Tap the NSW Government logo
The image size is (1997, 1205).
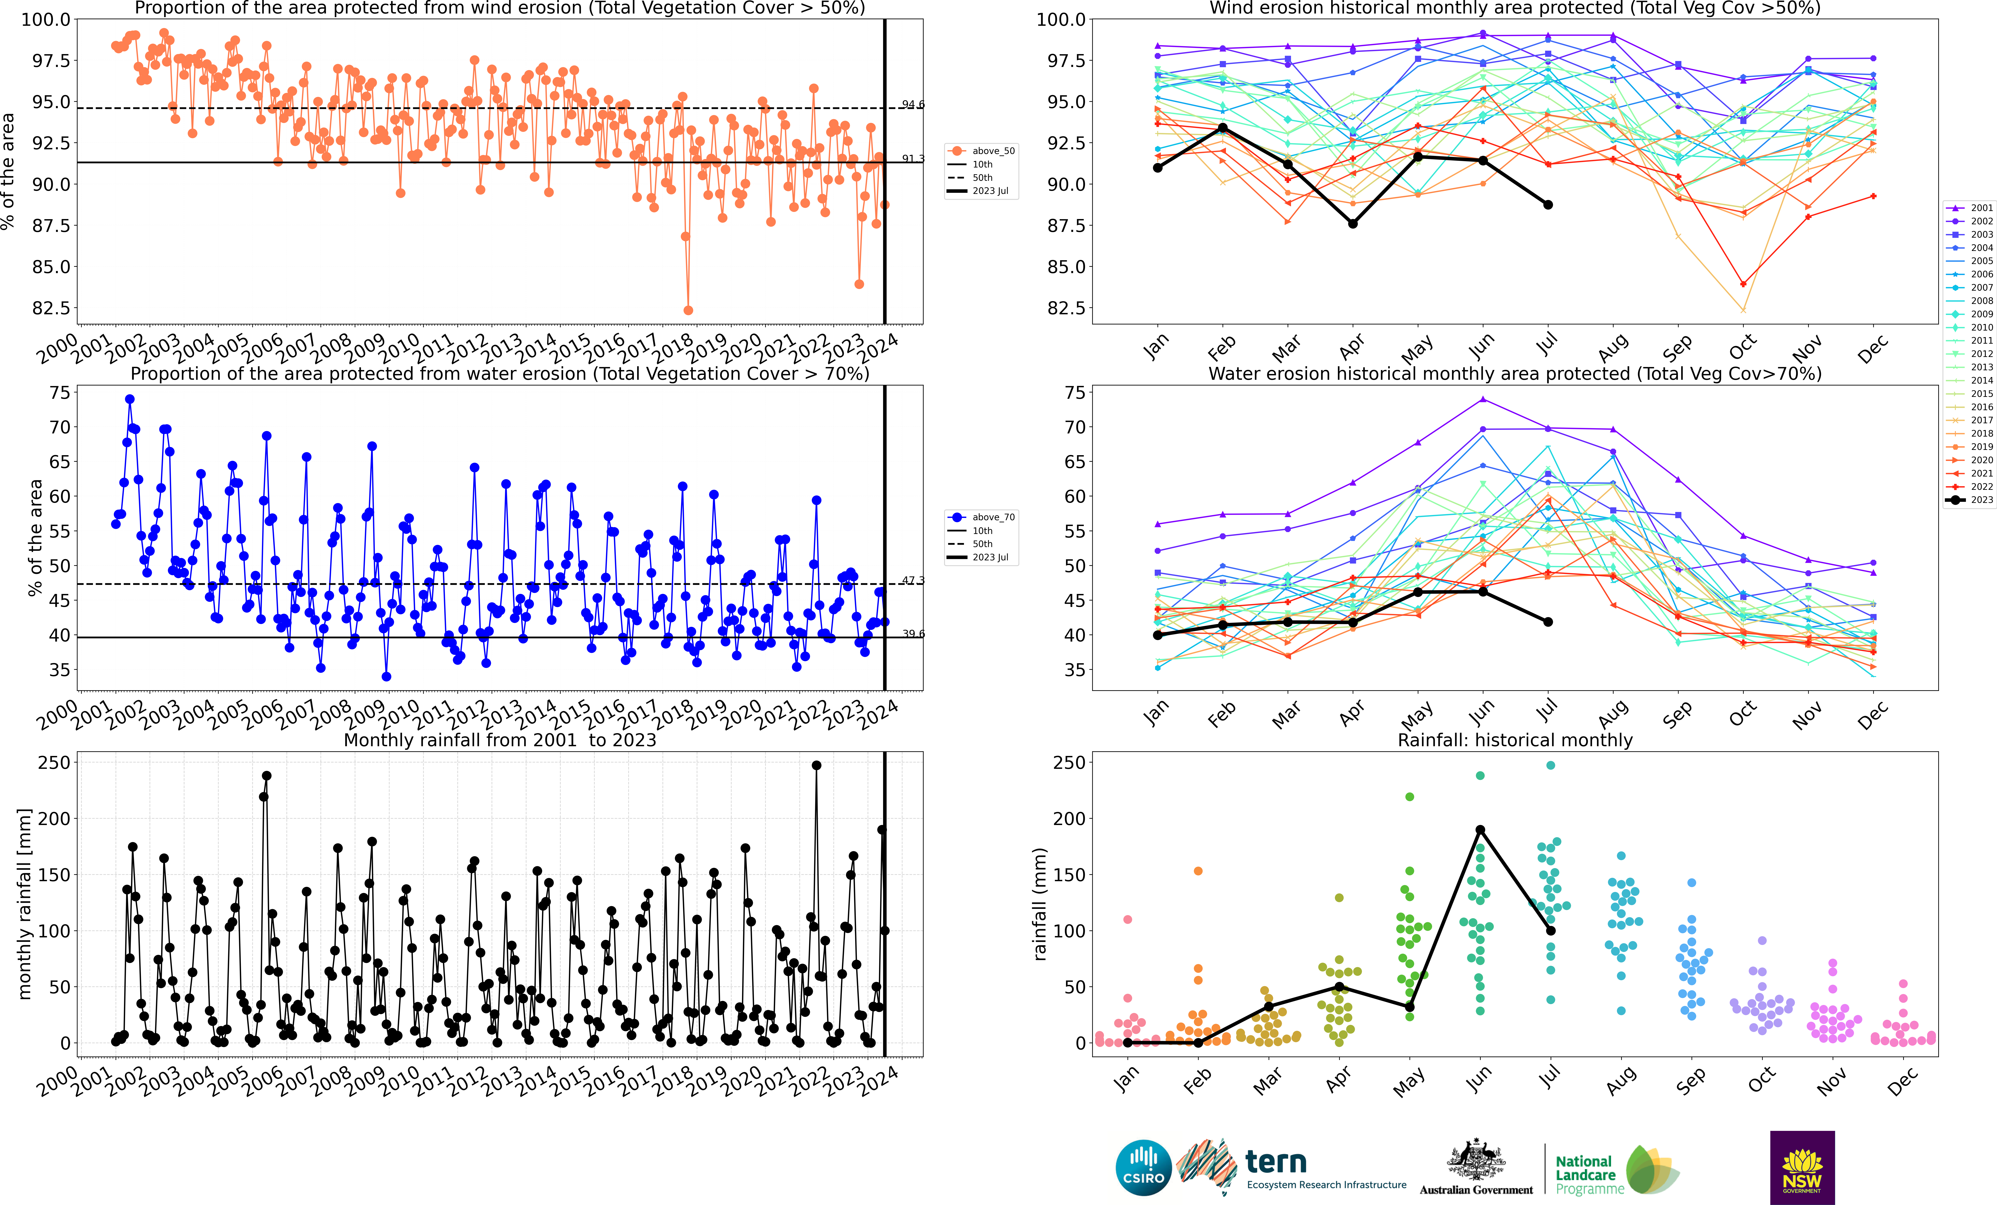(1802, 1167)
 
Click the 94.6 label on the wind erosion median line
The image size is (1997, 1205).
(913, 105)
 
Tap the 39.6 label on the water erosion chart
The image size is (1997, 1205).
(913, 634)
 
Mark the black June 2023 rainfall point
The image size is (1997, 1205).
(1480, 830)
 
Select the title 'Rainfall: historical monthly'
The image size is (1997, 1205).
(1515, 740)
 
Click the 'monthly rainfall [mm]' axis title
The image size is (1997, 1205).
(24, 904)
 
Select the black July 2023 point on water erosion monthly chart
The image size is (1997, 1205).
(1548, 622)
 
